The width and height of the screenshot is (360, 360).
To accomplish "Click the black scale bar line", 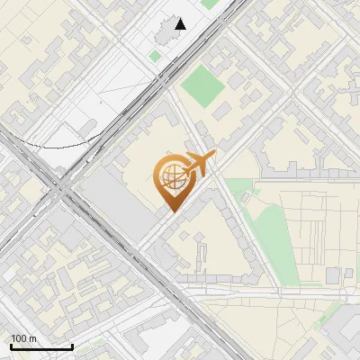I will tap(41, 347).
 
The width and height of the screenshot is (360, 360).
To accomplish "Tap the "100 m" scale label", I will tap(24, 338).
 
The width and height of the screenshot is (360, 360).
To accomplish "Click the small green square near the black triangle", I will tap(156, 56).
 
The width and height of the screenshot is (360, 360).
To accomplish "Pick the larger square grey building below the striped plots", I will tap(334, 275).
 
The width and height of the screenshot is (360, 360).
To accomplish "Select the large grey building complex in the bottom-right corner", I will tap(337, 337).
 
